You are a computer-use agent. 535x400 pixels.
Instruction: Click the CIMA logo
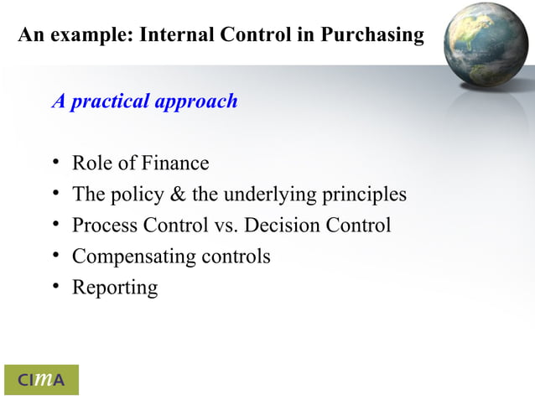click(41, 380)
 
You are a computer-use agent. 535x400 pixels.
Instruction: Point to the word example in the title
click(92, 36)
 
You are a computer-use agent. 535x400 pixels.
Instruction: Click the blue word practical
click(109, 102)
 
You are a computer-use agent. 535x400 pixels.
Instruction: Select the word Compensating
click(133, 257)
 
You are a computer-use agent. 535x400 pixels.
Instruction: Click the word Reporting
click(115, 288)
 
